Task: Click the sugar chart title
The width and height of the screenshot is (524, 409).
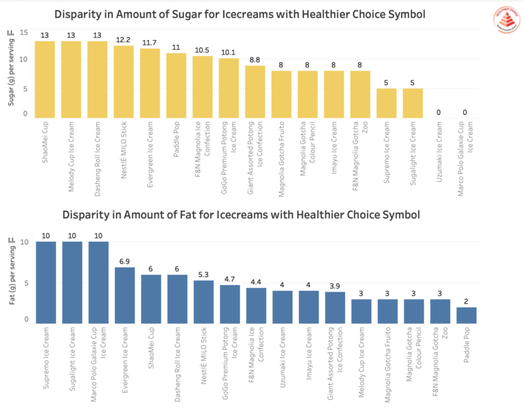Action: [x=239, y=14]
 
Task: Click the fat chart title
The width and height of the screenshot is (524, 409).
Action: [x=241, y=215]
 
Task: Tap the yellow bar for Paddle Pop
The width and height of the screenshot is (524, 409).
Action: [x=176, y=85]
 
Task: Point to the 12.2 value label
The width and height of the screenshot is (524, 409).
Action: [x=124, y=40]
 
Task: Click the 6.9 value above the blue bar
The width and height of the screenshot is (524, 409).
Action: [x=124, y=262]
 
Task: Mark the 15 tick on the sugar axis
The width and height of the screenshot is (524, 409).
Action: [x=24, y=33]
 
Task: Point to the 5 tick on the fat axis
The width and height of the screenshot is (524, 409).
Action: [x=26, y=283]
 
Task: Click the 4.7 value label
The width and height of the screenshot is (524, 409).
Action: [x=229, y=279]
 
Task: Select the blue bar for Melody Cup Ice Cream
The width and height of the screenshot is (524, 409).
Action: [x=360, y=311]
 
